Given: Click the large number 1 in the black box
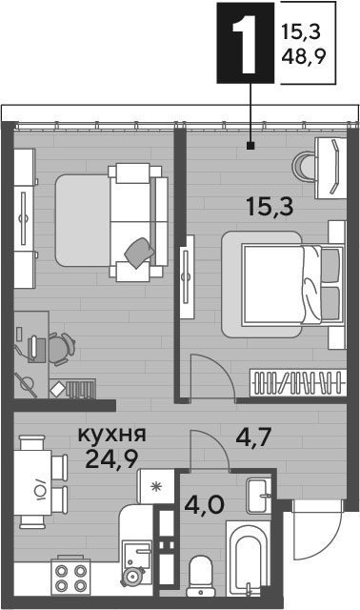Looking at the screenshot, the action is click(x=245, y=42).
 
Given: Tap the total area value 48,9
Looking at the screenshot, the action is click(x=304, y=58).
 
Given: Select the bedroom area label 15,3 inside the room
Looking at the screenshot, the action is click(x=270, y=207).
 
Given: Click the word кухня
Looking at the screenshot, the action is click(x=112, y=435).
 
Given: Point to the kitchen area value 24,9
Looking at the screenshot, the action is click(x=112, y=459).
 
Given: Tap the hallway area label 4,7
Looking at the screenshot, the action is click(x=253, y=437).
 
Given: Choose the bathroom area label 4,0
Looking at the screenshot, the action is click(x=204, y=505).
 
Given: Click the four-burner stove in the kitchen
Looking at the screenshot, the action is click(x=70, y=577).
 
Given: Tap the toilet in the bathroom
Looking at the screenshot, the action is click(x=201, y=576).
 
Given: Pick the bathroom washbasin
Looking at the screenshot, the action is click(x=258, y=496).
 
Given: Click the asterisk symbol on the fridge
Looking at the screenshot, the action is click(x=156, y=487).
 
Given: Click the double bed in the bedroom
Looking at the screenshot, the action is click(x=284, y=284).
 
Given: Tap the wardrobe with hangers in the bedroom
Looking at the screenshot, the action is click(x=298, y=382).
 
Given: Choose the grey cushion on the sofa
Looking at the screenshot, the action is click(x=139, y=252).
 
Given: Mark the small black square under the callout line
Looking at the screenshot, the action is click(x=250, y=146).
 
